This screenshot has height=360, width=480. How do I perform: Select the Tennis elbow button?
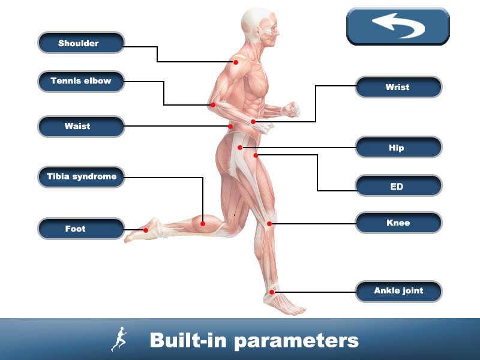(x=81, y=81)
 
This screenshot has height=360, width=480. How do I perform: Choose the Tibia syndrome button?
(x=81, y=177)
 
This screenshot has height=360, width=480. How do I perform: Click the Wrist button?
(x=398, y=87)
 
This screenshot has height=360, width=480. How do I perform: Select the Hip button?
(x=398, y=148)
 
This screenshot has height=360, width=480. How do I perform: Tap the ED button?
(x=398, y=187)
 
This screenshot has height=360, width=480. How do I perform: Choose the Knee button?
(x=398, y=223)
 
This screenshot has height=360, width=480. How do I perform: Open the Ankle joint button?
(x=398, y=291)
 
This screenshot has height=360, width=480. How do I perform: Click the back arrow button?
(x=398, y=26)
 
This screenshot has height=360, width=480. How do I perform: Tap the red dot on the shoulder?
(x=236, y=62)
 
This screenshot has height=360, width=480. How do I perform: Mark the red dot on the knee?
(x=270, y=224)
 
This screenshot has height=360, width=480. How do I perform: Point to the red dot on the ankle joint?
(x=272, y=292)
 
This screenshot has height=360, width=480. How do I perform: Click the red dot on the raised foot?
(x=146, y=230)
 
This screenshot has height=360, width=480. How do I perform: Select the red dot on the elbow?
(x=212, y=105)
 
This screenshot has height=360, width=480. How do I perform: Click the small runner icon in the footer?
(x=119, y=340)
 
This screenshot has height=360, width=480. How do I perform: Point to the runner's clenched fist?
(x=292, y=109)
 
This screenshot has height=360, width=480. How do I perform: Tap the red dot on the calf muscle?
(x=203, y=223)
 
